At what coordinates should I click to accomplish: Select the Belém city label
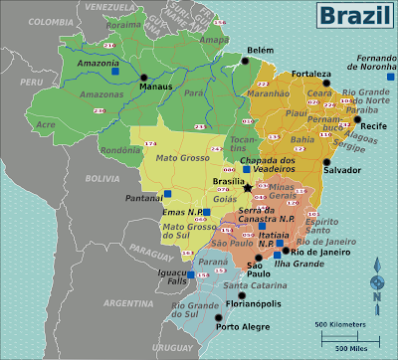click(261, 49)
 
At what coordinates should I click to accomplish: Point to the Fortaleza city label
click(310, 74)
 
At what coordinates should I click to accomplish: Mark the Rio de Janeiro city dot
click(286, 251)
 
